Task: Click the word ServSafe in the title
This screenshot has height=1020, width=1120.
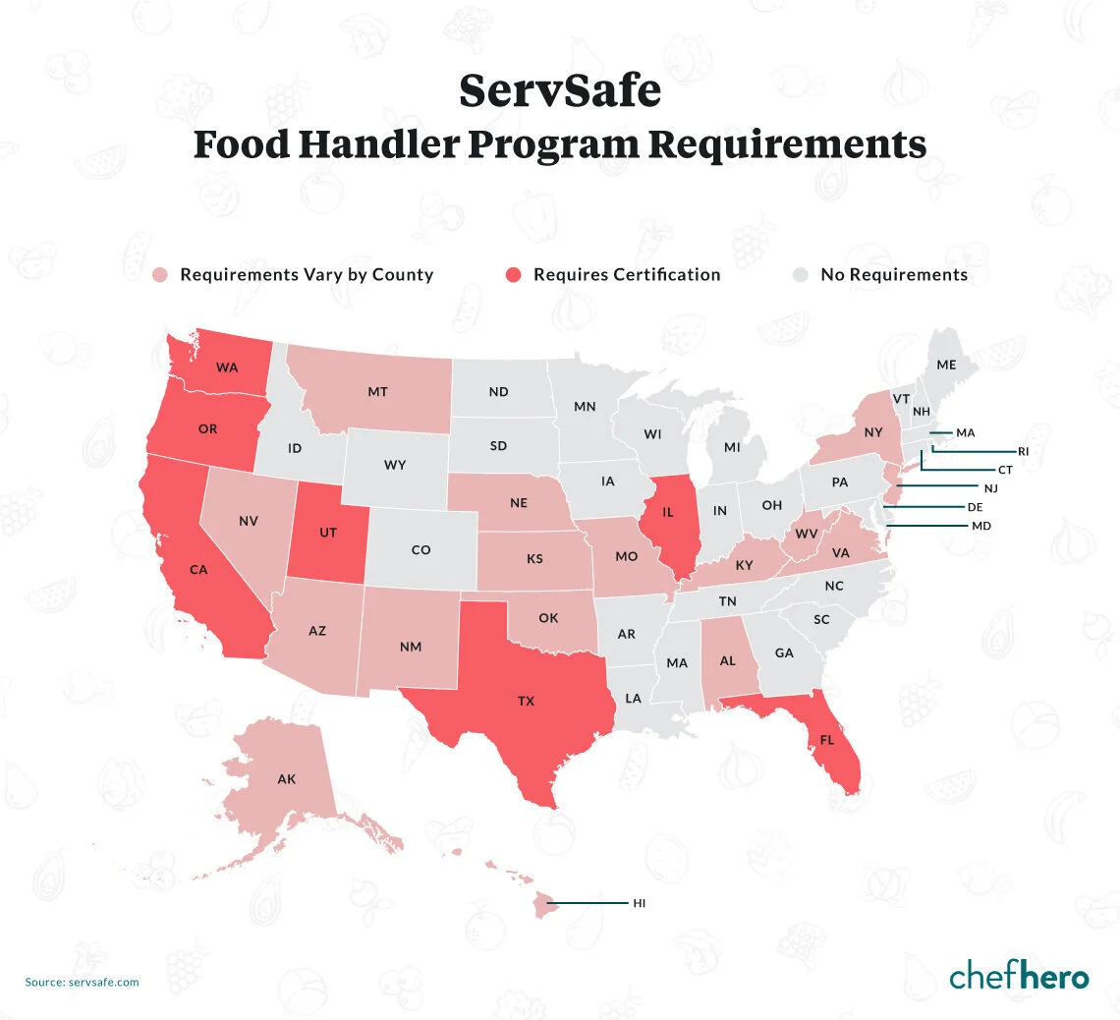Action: click(x=560, y=93)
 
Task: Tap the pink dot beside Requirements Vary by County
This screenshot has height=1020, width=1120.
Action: click(x=160, y=275)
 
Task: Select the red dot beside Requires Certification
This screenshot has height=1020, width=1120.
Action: click(x=514, y=275)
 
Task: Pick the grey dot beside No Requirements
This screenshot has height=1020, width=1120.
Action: click(x=802, y=275)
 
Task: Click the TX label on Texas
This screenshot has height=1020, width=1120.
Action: click(x=526, y=702)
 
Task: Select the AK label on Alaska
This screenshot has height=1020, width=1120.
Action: click(x=286, y=779)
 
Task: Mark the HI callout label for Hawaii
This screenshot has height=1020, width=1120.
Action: click(x=639, y=902)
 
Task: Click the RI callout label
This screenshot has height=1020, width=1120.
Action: click(x=1023, y=451)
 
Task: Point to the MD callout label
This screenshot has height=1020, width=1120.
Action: click(x=980, y=527)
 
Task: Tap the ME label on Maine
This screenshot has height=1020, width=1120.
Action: click(x=946, y=365)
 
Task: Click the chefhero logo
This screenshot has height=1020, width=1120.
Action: click(x=1019, y=977)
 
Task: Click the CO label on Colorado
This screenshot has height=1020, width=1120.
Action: click(x=420, y=550)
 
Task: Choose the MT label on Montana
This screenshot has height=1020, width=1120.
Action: click(x=377, y=392)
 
